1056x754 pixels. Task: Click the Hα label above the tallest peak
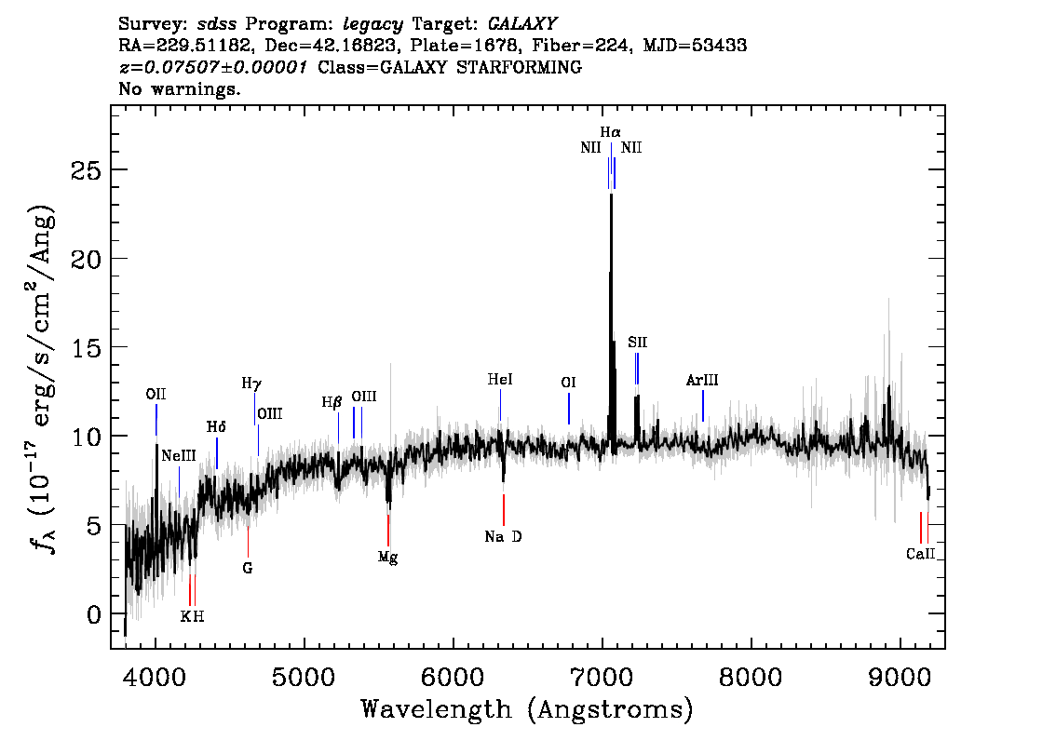pyautogui.click(x=611, y=133)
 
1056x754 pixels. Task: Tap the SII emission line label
pyautogui.click(x=637, y=343)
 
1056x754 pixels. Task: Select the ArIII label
pyautogui.click(x=702, y=380)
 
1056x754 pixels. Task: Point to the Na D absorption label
pyautogui.click(x=503, y=536)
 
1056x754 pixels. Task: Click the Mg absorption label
pyautogui.click(x=388, y=557)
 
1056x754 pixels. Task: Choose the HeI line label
pyautogui.click(x=500, y=380)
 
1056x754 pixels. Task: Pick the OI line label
pyautogui.click(x=568, y=383)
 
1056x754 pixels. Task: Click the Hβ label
pyautogui.click(x=332, y=403)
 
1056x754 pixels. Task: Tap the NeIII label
pyautogui.click(x=179, y=456)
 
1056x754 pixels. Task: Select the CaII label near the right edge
pyautogui.click(x=920, y=554)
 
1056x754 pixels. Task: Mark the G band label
pyautogui.click(x=248, y=567)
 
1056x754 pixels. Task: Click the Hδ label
pyautogui.click(x=216, y=427)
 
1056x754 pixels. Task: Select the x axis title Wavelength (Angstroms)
pyautogui.click(x=527, y=710)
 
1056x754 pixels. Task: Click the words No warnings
pyautogui.click(x=180, y=89)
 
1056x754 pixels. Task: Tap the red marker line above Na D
pyautogui.click(x=504, y=510)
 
